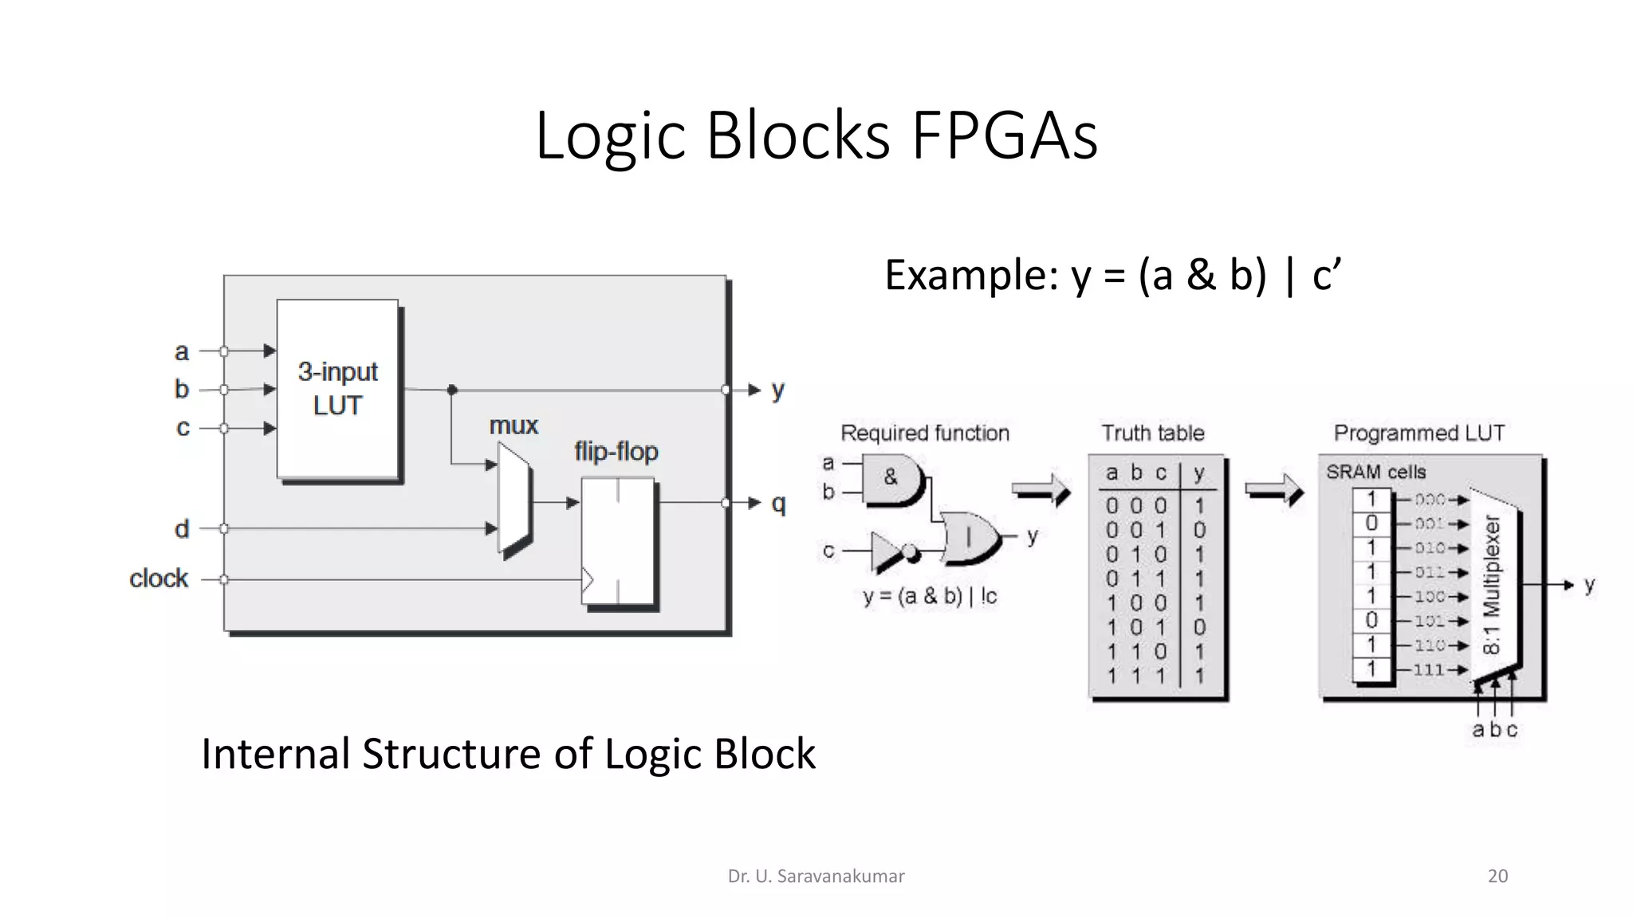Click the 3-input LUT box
[337, 389]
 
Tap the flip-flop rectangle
[618, 540]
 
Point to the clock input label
[159, 579]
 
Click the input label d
[182, 529]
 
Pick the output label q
[778, 503]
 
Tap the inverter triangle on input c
[886, 551]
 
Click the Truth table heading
[1152, 433]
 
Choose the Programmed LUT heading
[1419, 433]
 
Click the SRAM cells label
[1375, 472]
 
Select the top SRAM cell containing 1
[1371, 500]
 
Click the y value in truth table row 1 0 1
[1198, 627]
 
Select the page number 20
[1497, 876]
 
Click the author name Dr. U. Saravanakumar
[816, 876]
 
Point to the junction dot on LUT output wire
[452, 390]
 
